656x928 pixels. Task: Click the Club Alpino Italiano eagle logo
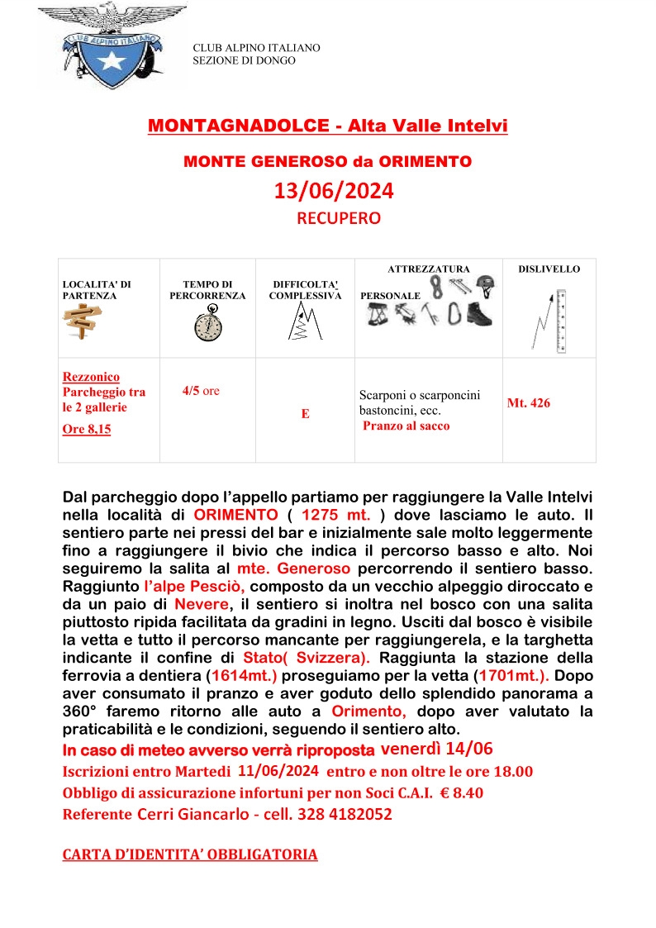pyautogui.click(x=112, y=46)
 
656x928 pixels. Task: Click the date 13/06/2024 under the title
pyautogui.click(x=334, y=192)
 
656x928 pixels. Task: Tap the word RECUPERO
pyautogui.click(x=339, y=219)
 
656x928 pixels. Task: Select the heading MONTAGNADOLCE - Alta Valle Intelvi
pyautogui.click(x=327, y=126)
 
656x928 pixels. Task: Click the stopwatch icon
pyautogui.click(x=207, y=322)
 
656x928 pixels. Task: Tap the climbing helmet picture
pyautogui.click(x=488, y=286)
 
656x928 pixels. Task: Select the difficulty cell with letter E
pyautogui.click(x=305, y=414)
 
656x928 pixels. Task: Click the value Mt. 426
pyautogui.click(x=528, y=403)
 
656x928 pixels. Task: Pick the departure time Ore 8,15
pyautogui.click(x=87, y=429)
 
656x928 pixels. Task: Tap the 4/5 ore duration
pyautogui.click(x=201, y=391)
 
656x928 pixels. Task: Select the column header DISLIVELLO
pyautogui.click(x=549, y=269)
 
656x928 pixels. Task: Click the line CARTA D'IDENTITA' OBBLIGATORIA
pyautogui.click(x=190, y=854)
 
